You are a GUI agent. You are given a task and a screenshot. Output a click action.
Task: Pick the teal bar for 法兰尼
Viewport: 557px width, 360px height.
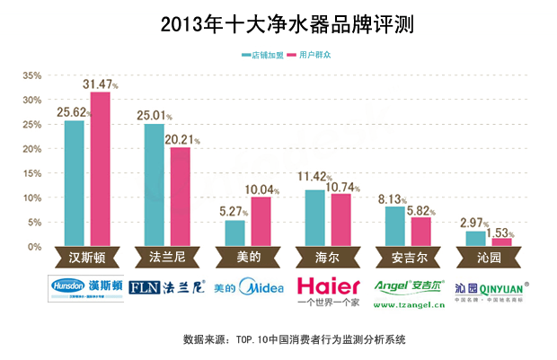click(x=154, y=185)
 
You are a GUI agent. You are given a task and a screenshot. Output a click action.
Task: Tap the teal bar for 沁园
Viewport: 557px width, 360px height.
click(x=474, y=239)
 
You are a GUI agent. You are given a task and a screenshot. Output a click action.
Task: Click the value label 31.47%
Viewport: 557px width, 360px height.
click(x=102, y=83)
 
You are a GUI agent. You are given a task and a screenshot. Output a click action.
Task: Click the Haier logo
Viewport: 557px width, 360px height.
click(x=328, y=288)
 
